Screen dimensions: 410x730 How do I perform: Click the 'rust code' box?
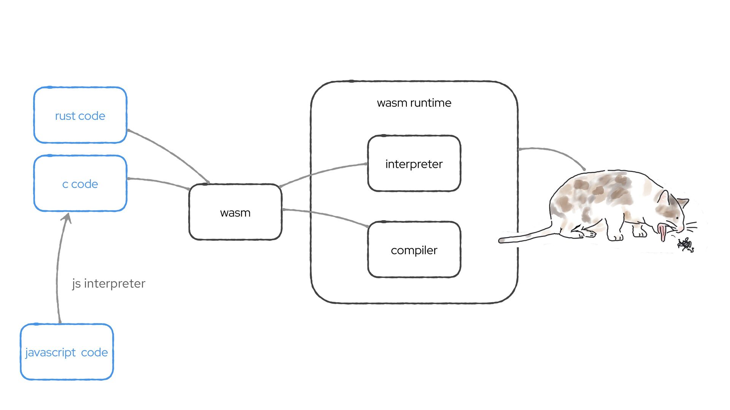pyautogui.click(x=80, y=115)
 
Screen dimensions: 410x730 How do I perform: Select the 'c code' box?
pyautogui.click(x=80, y=184)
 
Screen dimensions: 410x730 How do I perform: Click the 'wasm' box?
pyautogui.click(x=235, y=213)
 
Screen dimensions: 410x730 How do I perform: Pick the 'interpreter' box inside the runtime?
pyautogui.click(x=414, y=164)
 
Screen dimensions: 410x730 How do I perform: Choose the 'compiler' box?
pyautogui.click(x=414, y=250)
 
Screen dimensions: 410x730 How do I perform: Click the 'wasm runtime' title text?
pyautogui.click(x=414, y=103)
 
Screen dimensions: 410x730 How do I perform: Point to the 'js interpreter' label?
pyautogui.click(x=109, y=284)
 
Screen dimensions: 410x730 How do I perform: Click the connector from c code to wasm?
pyautogui.click(x=160, y=181)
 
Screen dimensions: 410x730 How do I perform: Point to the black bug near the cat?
pyautogui.click(x=686, y=244)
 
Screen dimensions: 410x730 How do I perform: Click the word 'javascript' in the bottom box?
pyautogui.click(x=51, y=353)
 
